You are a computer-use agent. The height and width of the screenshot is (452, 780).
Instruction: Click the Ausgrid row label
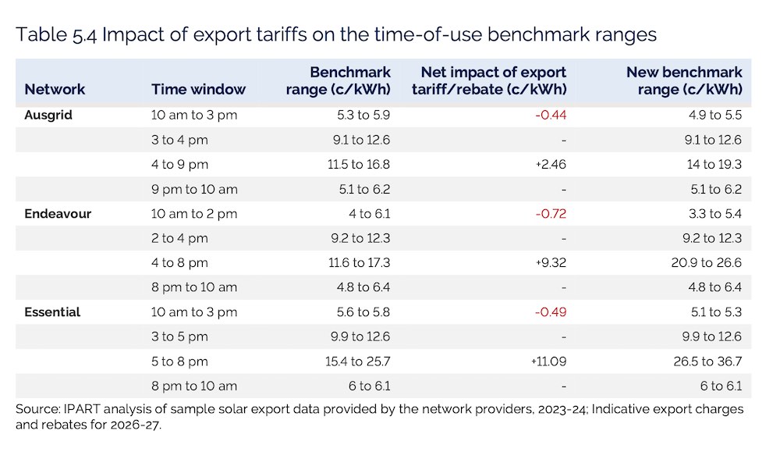pyautogui.click(x=48, y=115)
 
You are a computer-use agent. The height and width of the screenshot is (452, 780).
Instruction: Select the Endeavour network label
pyautogui.click(x=58, y=214)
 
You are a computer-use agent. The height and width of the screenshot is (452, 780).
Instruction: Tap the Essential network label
pyautogui.click(x=52, y=312)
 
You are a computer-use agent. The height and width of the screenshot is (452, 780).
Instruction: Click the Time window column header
pyautogui.click(x=198, y=89)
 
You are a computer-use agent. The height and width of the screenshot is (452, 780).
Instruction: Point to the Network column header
pyautogui.click(x=55, y=89)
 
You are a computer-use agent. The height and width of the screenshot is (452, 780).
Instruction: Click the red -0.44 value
pyautogui.click(x=551, y=115)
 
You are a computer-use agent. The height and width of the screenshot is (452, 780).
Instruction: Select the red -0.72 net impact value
pyautogui.click(x=551, y=214)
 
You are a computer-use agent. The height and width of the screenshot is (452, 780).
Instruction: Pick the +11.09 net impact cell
pyautogui.click(x=548, y=361)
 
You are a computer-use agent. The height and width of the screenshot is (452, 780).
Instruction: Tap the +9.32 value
pyautogui.click(x=551, y=263)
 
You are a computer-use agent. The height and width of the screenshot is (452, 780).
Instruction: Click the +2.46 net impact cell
pyautogui.click(x=551, y=164)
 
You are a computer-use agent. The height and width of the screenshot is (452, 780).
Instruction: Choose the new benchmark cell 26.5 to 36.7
pyautogui.click(x=707, y=361)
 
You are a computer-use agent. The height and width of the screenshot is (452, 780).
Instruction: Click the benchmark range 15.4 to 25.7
pyautogui.click(x=358, y=361)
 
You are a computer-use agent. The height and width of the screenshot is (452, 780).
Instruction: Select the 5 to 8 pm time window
pyautogui.click(x=179, y=361)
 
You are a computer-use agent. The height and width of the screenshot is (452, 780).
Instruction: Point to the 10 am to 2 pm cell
pyautogui.click(x=194, y=214)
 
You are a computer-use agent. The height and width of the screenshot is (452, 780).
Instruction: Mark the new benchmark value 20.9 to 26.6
pyautogui.click(x=707, y=263)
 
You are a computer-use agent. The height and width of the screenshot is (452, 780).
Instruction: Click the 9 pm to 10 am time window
pyautogui.click(x=194, y=189)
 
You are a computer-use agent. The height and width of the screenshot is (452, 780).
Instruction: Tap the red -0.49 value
pyautogui.click(x=551, y=312)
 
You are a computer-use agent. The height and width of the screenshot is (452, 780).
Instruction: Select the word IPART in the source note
pyautogui.click(x=77, y=409)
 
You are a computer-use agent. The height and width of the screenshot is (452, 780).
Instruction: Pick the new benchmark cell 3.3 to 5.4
pyautogui.click(x=715, y=214)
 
